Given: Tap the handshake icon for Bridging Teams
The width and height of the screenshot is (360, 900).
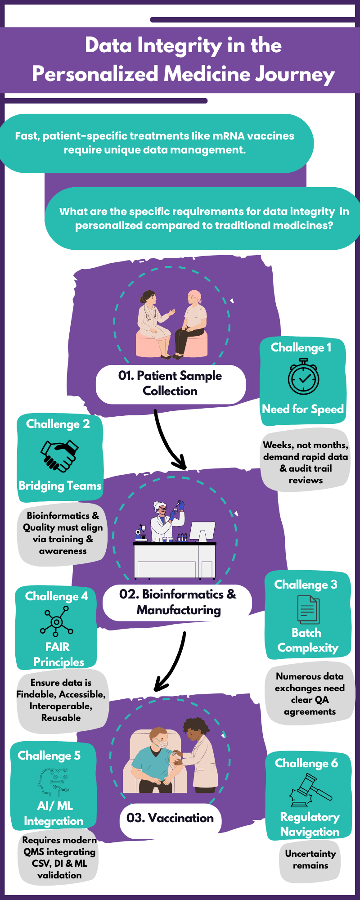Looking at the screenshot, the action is [59, 455].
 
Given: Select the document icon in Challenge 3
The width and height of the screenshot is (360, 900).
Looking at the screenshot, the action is [308, 610].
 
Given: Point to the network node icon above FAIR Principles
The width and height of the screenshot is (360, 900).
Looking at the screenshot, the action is [56, 621].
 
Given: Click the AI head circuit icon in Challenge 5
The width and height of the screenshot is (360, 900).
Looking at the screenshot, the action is [53, 782].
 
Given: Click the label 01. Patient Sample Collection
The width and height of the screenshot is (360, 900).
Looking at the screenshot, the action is [170, 383].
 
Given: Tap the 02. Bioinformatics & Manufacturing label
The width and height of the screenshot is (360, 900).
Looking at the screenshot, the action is [178, 602].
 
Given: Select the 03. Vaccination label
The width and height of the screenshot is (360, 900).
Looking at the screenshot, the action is [170, 818].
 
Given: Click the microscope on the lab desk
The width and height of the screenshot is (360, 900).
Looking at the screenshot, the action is [141, 532].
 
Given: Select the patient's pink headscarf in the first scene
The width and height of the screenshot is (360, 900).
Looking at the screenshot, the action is [195, 296].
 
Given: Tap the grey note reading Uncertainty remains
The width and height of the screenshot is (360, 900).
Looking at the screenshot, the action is [310, 859].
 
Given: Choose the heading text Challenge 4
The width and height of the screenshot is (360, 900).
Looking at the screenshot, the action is [57, 596].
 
